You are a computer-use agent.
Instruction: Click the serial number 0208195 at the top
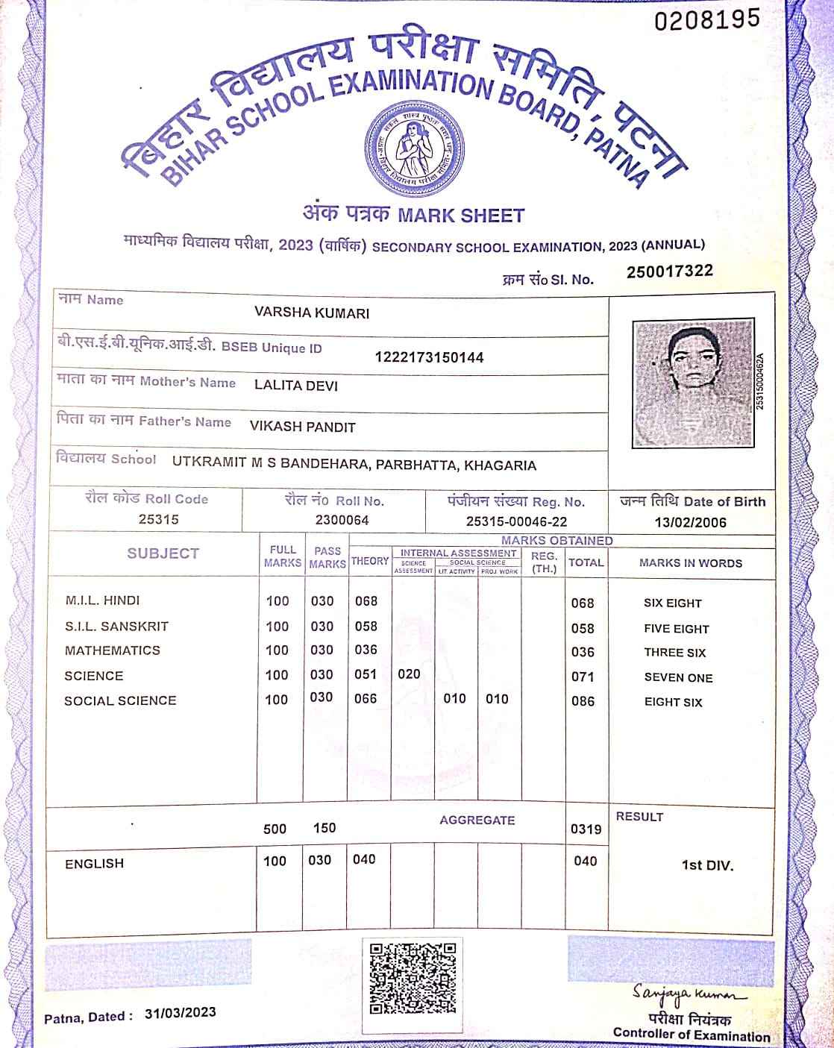coord(707,19)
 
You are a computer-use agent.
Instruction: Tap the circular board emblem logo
coord(413,144)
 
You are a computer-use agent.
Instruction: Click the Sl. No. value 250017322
coord(669,272)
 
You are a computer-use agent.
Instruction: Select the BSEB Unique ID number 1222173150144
coord(429,357)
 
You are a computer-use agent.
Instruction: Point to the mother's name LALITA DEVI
coord(296,386)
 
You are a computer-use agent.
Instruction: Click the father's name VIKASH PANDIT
coord(302,427)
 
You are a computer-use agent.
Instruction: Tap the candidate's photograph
coord(692,383)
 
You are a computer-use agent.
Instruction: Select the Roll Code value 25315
coord(158,519)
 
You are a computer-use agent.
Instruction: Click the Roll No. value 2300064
coord(342,520)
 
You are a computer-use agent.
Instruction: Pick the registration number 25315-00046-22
coord(516,522)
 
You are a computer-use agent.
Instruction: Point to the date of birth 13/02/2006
coord(690,522)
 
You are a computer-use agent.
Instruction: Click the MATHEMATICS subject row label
coord(113,650)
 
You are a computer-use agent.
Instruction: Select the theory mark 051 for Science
coord(366,674)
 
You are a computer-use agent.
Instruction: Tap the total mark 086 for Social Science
coord(583,701)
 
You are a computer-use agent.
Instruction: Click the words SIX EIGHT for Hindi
coord(673,603)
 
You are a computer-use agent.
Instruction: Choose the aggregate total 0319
coord(586,829)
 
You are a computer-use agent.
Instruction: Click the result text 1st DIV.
coord(707,866)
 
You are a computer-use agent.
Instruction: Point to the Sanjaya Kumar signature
coord(689,994)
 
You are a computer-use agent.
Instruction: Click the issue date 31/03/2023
coord(181,1012)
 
